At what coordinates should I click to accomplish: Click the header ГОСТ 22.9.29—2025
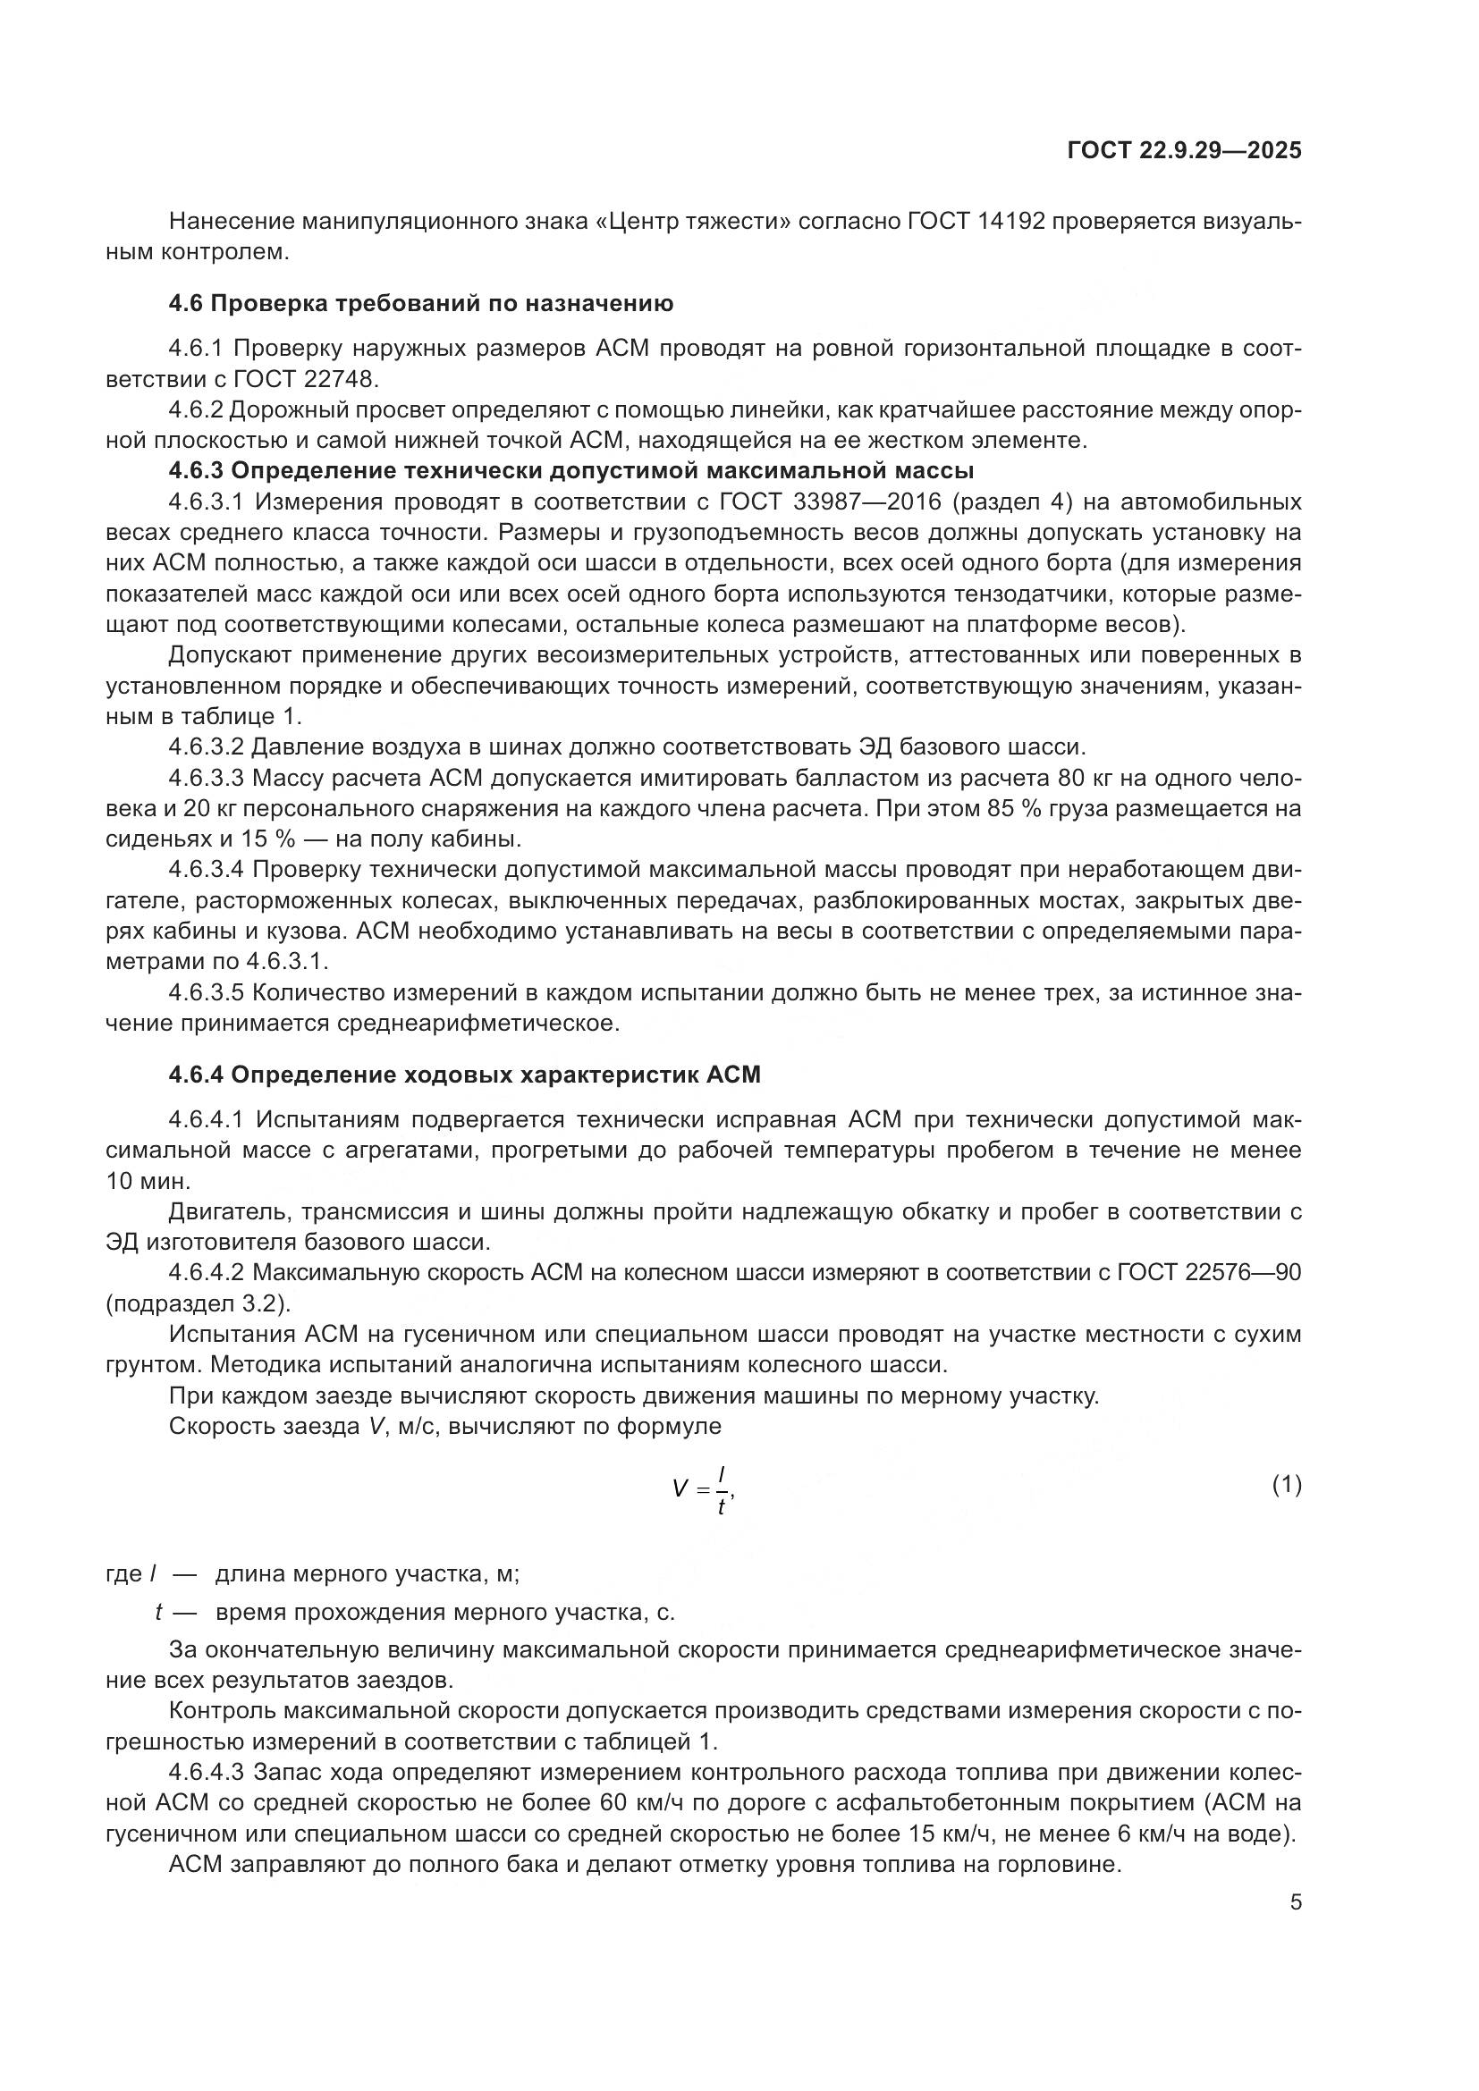[1183, 150]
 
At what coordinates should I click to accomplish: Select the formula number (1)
[1286, 1486]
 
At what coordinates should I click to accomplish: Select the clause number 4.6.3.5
[207, 992]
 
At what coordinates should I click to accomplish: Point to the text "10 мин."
[148, 1181]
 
